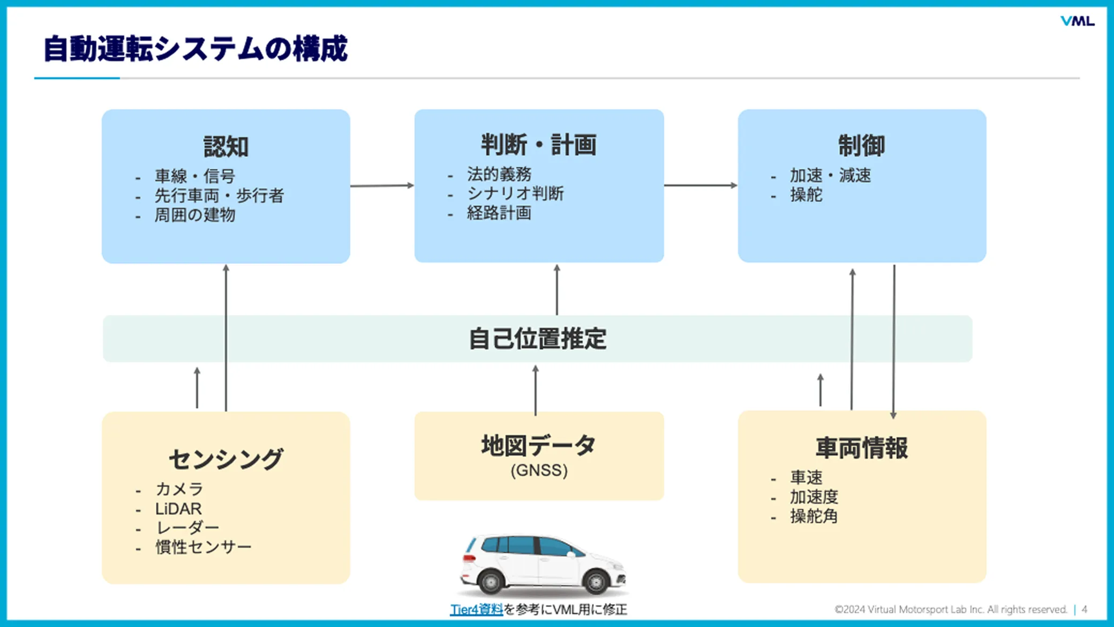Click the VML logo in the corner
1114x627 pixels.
[1077, 21]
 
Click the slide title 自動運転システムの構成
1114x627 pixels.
[195, 49]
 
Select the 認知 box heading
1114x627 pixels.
[225, 146]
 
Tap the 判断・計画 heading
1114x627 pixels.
[538, 145]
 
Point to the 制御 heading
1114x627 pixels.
[861, 145]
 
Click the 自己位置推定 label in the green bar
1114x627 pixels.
[537, 339]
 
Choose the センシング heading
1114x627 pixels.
[225, 459]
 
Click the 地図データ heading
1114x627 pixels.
[538, 445]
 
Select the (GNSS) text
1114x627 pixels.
[538, 471]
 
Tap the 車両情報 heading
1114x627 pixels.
[861, 448]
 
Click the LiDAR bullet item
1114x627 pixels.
[178, 509]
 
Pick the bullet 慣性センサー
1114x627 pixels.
[203, 547]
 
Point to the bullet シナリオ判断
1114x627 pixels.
[515, 193]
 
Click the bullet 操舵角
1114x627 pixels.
[813, 517]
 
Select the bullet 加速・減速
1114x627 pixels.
[830, 175]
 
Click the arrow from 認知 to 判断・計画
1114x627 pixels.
[382, 185]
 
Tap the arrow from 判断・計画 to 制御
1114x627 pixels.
[701, 185]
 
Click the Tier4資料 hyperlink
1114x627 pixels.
[476, 609]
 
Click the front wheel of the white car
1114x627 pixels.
[596, 581]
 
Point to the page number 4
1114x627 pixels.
[1084, 609]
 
